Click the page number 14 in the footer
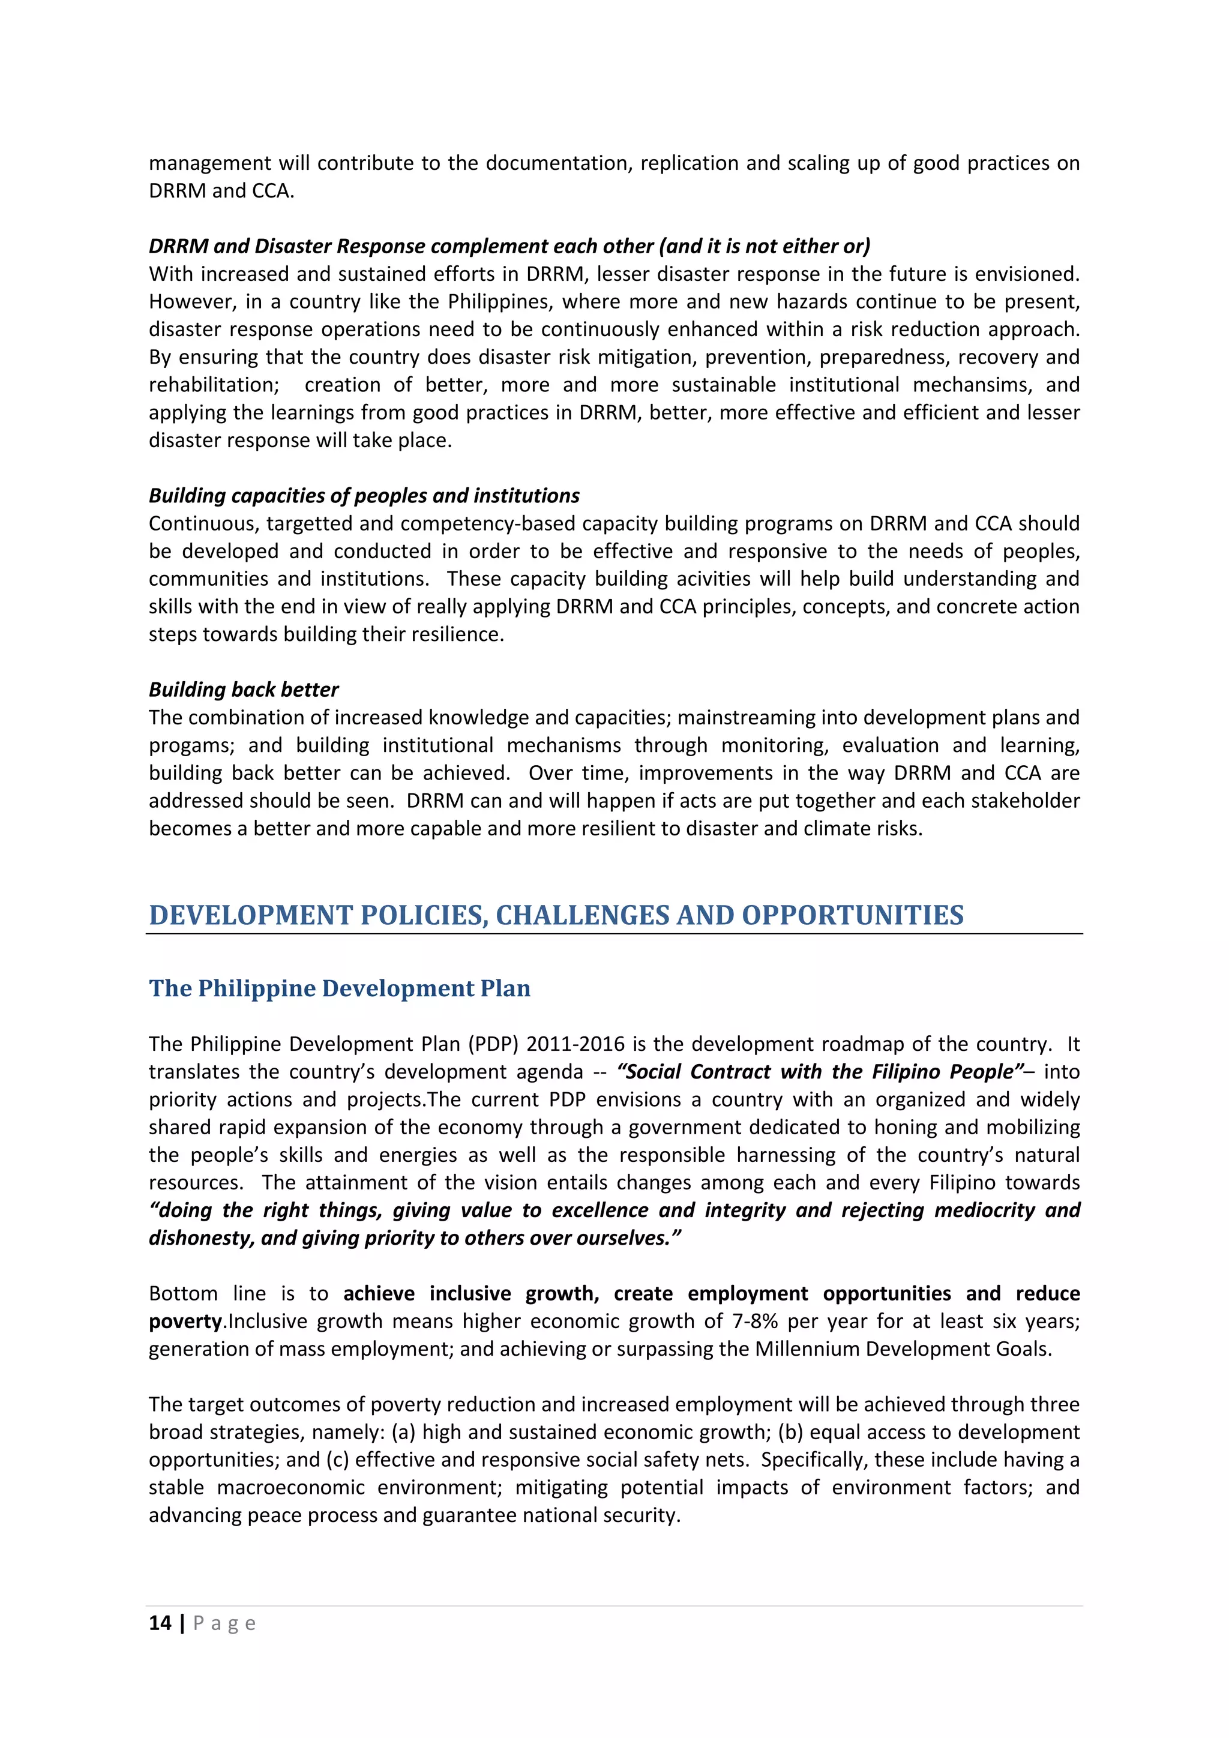[160, 1623]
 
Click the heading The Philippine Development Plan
[339, 988]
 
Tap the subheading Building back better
[243, 690]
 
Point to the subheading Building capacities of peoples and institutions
[364, 496]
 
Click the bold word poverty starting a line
[185, 1321]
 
